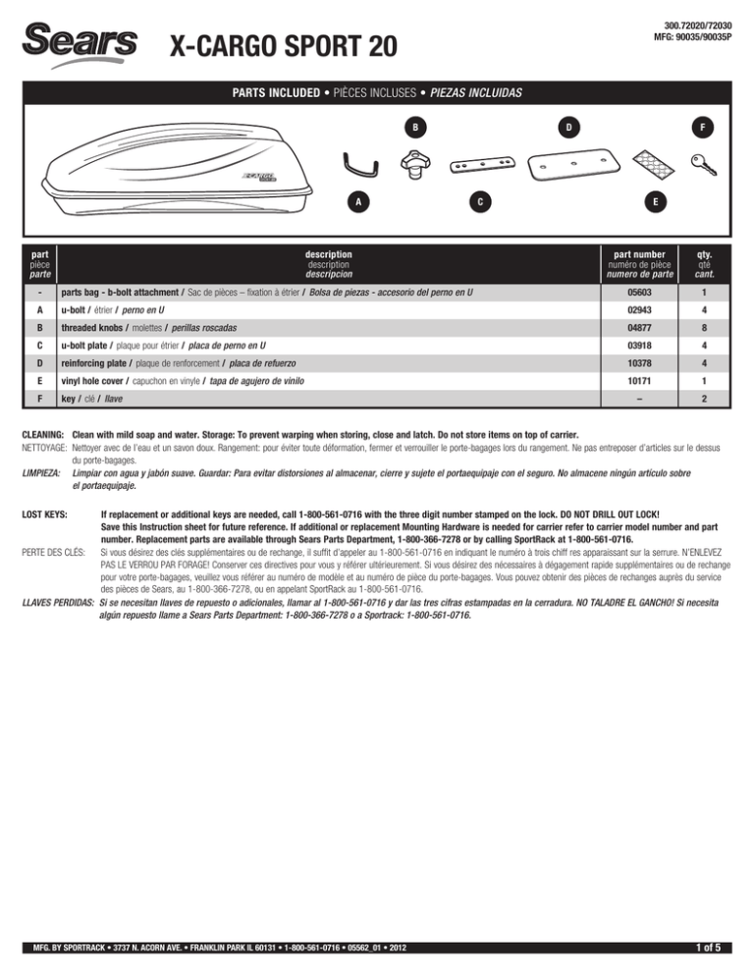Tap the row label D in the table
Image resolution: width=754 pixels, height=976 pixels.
[x=35, y=356]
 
